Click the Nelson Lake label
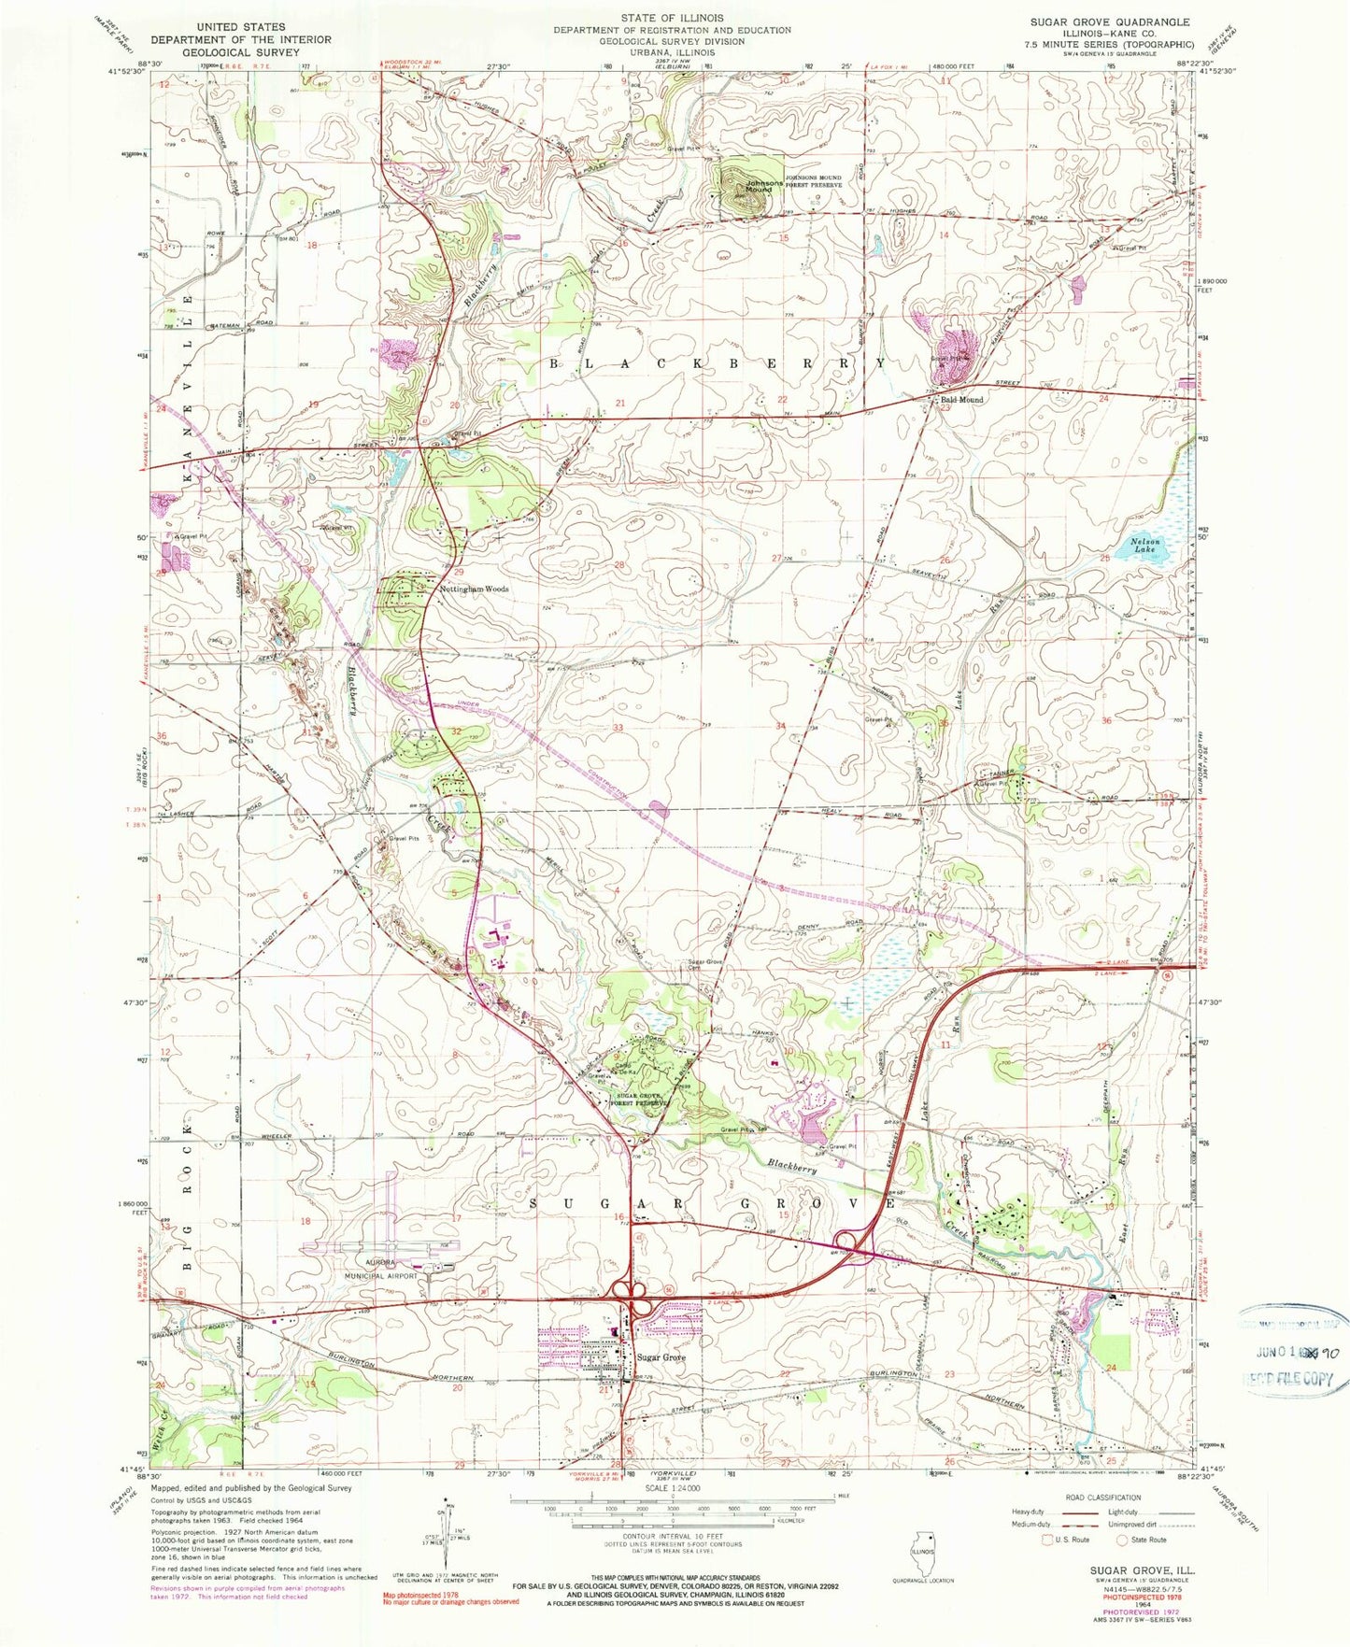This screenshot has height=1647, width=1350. pos(1144,546)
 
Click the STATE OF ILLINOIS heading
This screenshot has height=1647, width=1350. pos(672,18)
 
